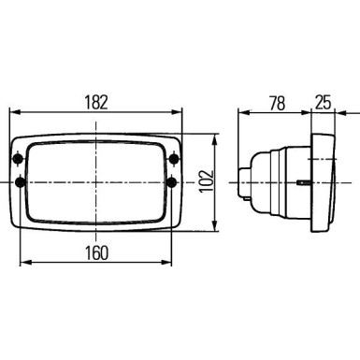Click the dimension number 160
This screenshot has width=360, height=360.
94,252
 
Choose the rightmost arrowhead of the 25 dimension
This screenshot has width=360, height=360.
335,112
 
